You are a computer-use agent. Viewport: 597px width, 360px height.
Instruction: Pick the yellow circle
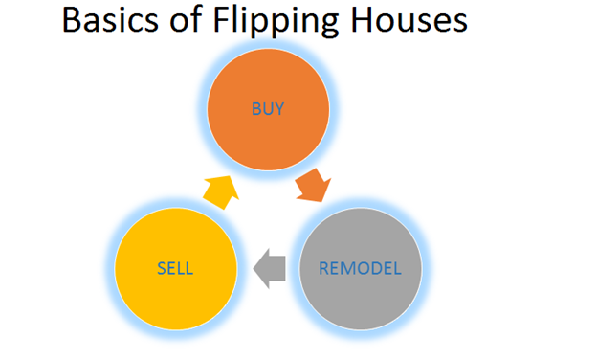pos(176,269)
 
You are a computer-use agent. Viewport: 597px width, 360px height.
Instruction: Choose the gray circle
pos(359,269)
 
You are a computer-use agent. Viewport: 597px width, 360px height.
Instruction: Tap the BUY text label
pos(269,109)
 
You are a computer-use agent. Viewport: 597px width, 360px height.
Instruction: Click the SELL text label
pos(176,268)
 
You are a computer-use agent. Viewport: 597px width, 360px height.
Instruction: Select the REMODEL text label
pos(359,268)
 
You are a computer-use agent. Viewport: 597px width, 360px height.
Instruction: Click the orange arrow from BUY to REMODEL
pos(313,185)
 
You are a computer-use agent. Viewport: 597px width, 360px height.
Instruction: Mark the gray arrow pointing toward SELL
pos(271,267)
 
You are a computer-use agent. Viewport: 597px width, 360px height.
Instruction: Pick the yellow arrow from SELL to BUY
pos(221,191)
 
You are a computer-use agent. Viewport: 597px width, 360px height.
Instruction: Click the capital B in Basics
pos(72,20)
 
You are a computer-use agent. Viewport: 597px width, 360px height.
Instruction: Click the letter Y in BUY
pos(280,109)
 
